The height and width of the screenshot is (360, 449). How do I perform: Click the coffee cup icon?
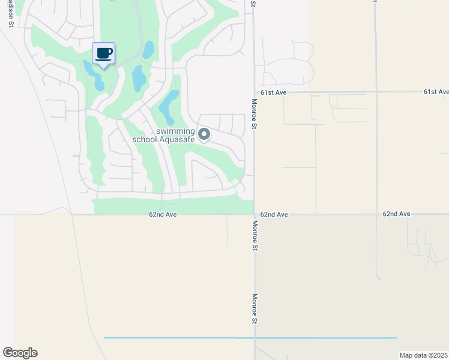103,53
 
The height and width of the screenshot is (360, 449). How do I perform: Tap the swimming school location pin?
204,134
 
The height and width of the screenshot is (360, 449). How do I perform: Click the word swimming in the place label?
175,131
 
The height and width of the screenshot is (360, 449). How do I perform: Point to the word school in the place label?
144,140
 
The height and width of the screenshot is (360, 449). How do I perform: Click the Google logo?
20,353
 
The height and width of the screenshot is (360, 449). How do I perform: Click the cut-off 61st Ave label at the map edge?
436,92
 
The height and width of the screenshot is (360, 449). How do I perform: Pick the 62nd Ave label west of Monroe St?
164,214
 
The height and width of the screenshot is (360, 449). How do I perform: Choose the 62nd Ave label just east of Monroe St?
275,214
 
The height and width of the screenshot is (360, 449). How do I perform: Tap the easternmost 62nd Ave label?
396,214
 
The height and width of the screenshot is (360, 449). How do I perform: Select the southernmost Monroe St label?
255,308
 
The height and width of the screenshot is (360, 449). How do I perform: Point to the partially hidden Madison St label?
10,13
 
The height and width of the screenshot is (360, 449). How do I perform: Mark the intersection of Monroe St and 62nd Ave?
255,214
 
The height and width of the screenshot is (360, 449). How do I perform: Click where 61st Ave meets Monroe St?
255,92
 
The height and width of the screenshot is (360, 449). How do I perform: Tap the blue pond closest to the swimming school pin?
170,102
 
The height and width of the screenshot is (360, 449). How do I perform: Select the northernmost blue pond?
148,49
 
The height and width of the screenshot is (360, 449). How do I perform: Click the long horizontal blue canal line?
250,338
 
